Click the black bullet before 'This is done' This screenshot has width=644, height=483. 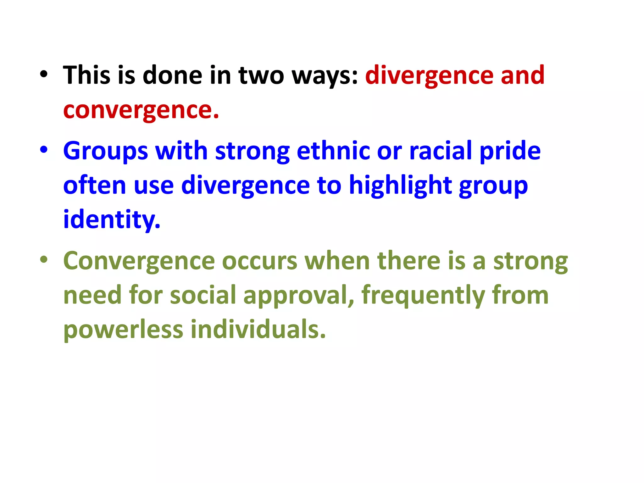tap(44, 75)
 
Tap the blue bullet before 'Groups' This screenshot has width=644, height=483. tap(44, 150)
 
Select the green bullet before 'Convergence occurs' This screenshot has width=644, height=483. tap(44, 260)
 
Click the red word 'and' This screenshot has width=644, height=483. tap(522, 75)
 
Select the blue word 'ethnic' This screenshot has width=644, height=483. tap(333, 151)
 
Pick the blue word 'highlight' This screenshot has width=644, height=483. tap(400, 186)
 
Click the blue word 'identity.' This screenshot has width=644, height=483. tap(112, 219)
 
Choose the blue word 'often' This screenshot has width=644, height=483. tap(95, 186)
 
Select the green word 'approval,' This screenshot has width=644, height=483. tap(299, 296)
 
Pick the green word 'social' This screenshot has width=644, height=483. tap(203, 296)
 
